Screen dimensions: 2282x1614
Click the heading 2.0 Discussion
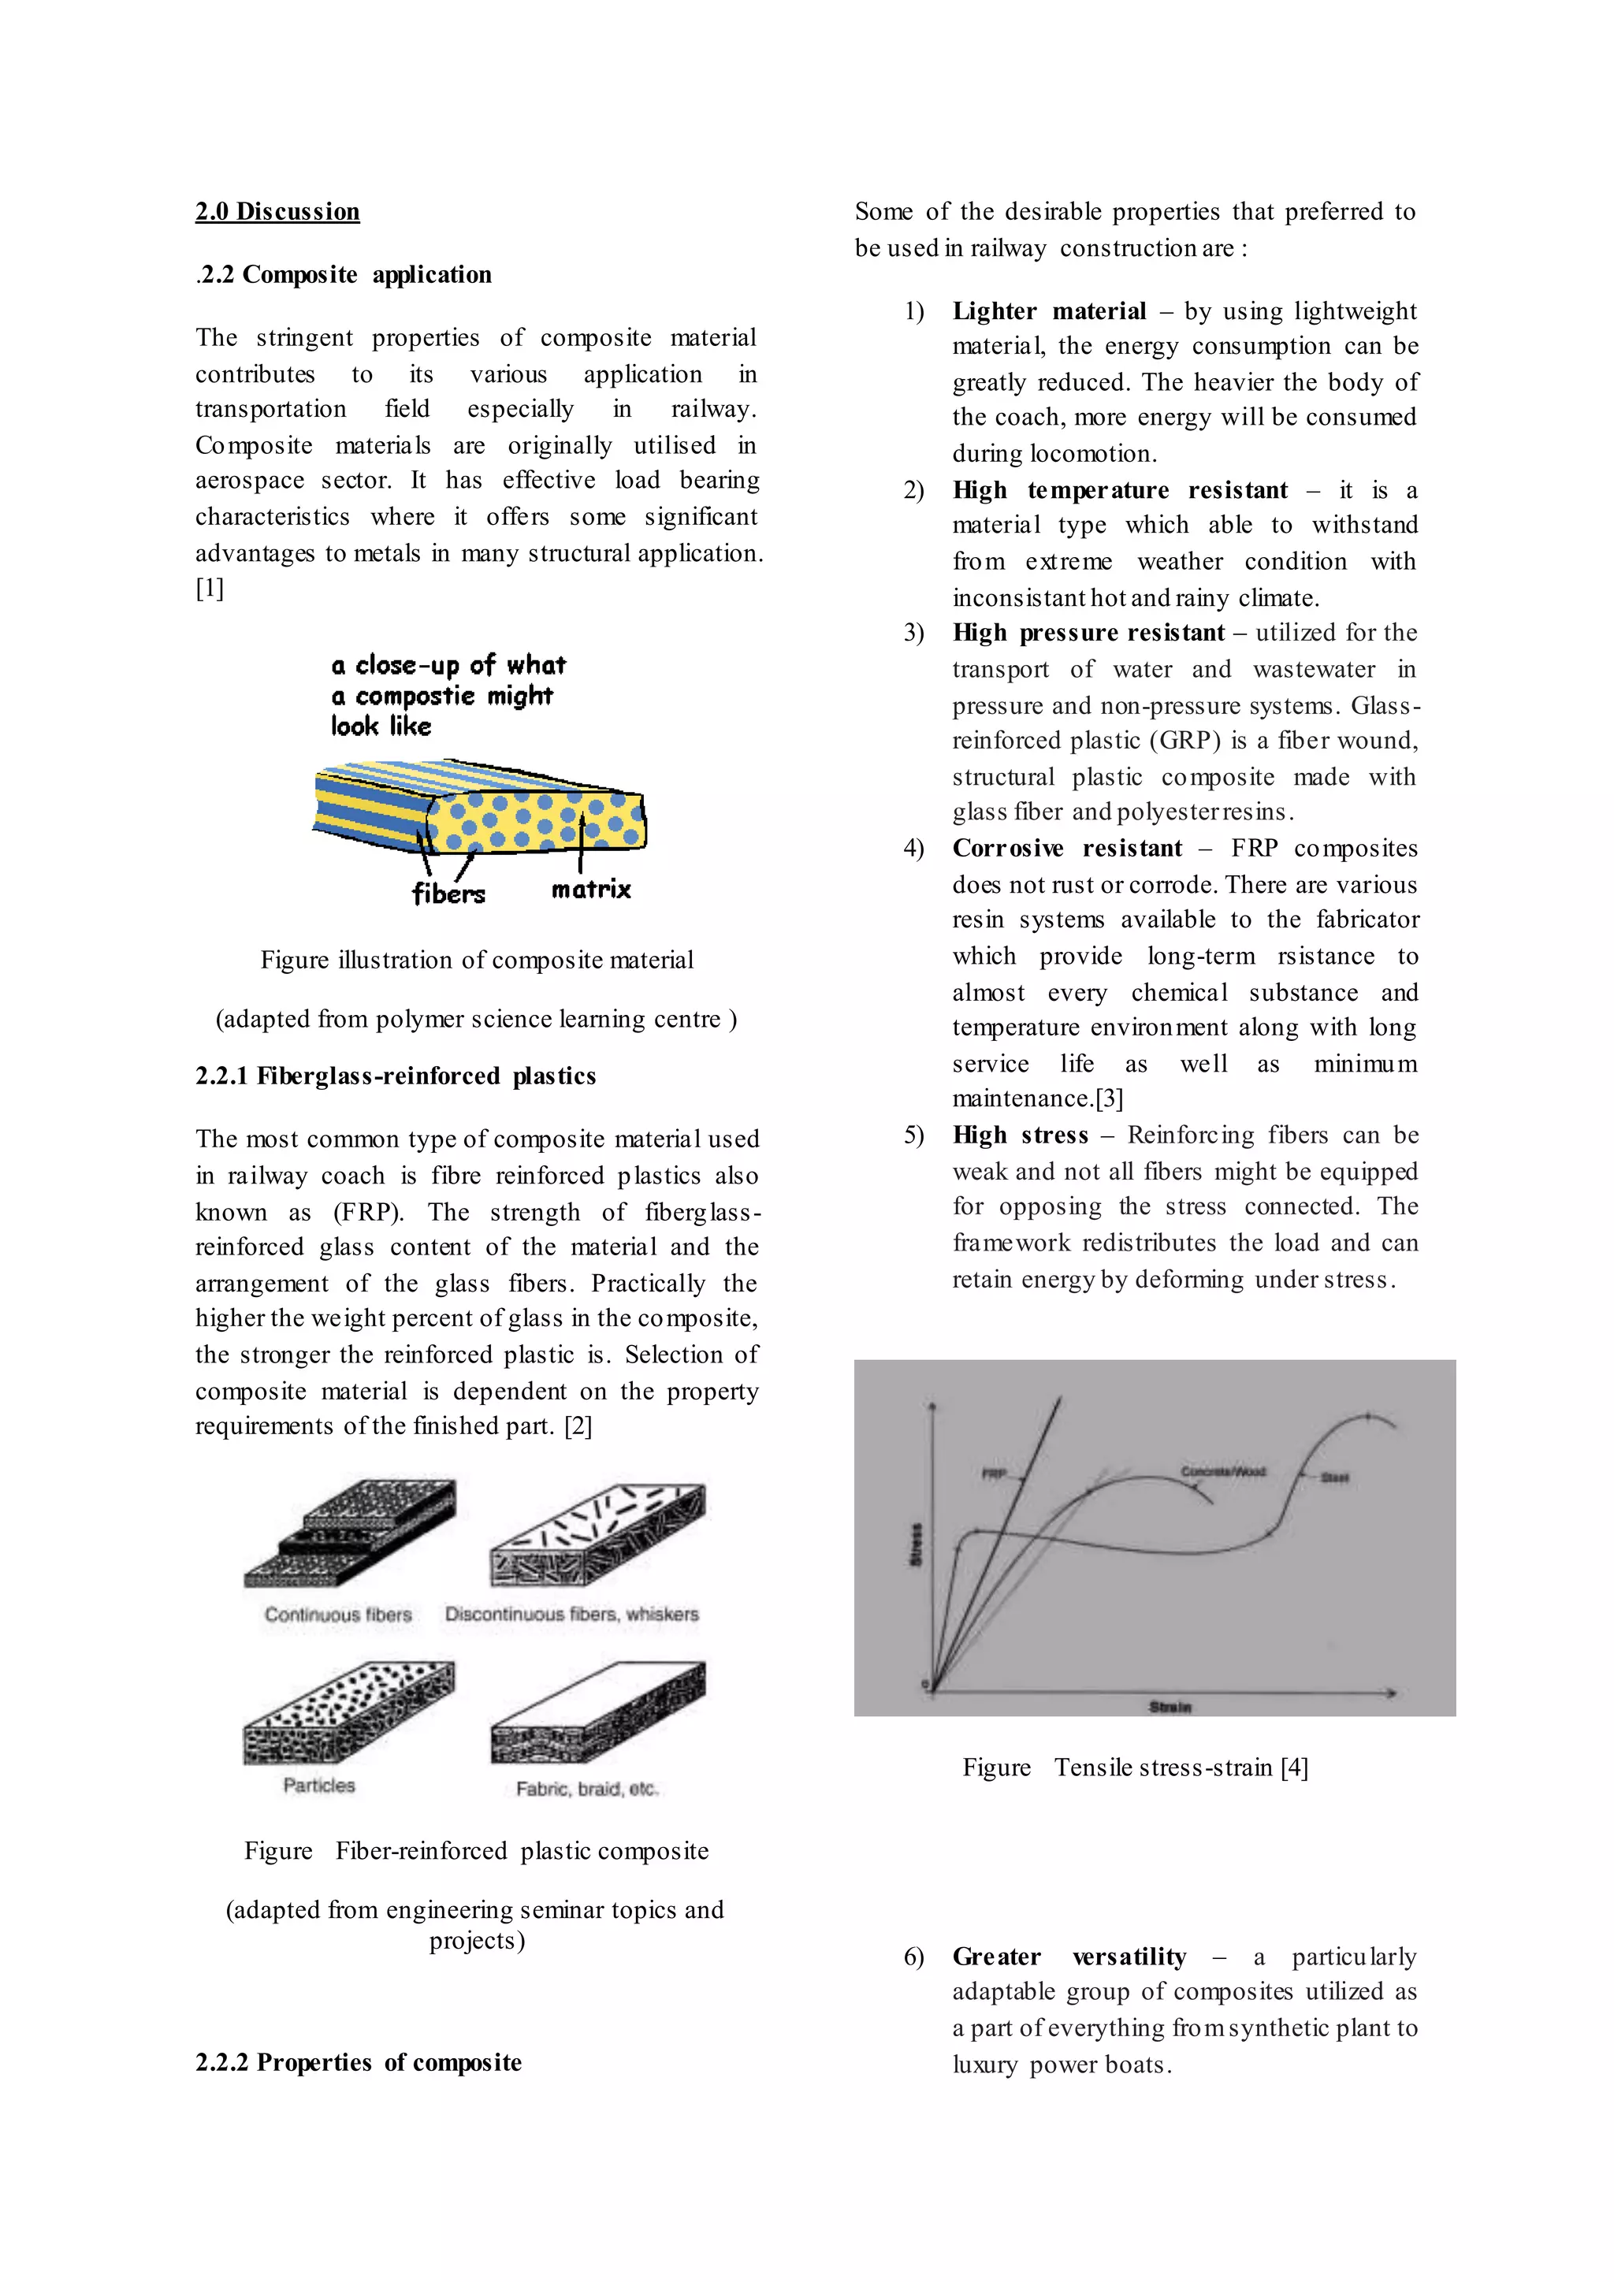pos(277,212)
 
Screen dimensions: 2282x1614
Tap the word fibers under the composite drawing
pos(448,894)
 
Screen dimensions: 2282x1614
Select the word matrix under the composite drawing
pos(591,890)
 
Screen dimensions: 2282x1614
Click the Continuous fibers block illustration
pos(349,1533)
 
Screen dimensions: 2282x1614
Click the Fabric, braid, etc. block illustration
pos(597,1712)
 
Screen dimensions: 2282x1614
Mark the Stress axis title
pos(917,1544)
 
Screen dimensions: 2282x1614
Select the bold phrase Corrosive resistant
pos(1066,849)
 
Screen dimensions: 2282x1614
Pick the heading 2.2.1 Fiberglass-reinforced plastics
pos(396,1076)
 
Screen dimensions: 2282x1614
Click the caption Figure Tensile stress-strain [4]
pos(1135,1768)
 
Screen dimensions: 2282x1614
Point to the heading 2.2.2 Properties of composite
pos(358,2062)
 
